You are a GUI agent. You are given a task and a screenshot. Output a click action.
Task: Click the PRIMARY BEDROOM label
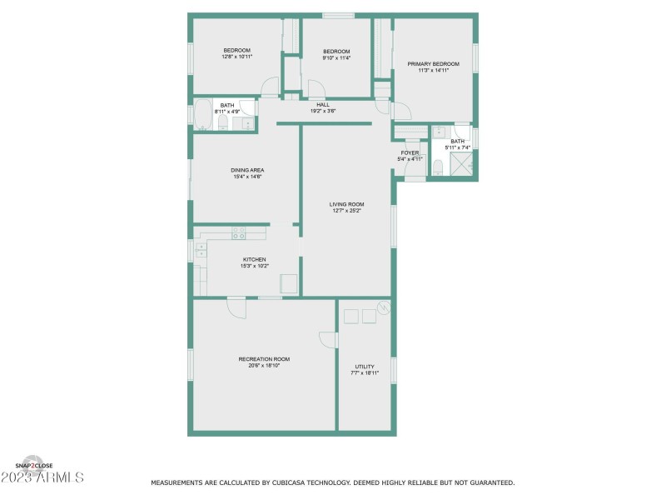433,63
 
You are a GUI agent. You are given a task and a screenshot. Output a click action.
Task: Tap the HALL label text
323,104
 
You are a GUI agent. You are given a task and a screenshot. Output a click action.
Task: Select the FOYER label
410,152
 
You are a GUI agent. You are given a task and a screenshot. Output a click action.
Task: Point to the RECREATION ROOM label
264,359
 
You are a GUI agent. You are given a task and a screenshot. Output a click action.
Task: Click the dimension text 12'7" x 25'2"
346,211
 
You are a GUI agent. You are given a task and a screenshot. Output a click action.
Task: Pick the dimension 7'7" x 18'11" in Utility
365,373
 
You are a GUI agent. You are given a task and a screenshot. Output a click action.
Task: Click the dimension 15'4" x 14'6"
247,177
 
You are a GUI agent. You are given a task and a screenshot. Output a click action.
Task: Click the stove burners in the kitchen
238,232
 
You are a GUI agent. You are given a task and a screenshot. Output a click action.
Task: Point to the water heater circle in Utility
383,307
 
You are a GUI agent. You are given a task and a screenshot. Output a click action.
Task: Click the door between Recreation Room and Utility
329,341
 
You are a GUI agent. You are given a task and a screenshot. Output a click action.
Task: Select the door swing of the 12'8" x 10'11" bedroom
269,87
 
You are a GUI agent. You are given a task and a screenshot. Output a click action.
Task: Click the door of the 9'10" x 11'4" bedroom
315,88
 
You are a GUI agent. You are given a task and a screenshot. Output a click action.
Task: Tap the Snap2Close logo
34,463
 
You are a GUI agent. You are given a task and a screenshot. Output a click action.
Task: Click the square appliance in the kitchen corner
289,283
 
